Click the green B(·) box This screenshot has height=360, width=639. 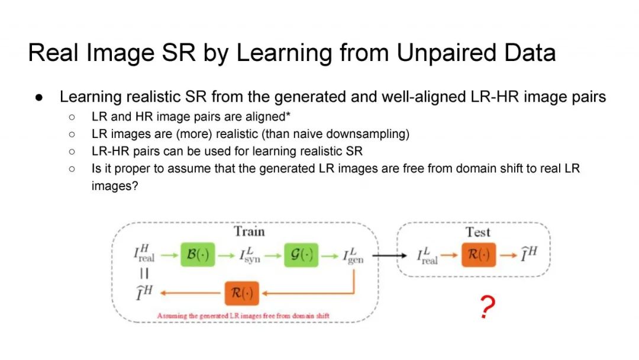click(196, 256)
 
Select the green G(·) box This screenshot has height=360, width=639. click(301, 256)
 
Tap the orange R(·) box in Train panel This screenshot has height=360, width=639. click(242, 292)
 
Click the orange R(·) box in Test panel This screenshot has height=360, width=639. click(479, 255)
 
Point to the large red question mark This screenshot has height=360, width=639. click(487, 308)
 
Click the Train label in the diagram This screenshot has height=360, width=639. click(249, 231)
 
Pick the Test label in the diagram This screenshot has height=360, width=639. click(478, 232)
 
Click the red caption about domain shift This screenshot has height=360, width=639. click(243, 316)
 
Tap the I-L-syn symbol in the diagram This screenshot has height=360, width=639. click(250, 256)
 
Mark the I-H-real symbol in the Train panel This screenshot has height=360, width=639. click(144, 255)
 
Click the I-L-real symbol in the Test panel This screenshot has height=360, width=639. click(427, 256)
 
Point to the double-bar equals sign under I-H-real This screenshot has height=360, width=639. click(144, 274)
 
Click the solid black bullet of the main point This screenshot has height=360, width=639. click(38, 97)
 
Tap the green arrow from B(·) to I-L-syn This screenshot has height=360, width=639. click(227, 256)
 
